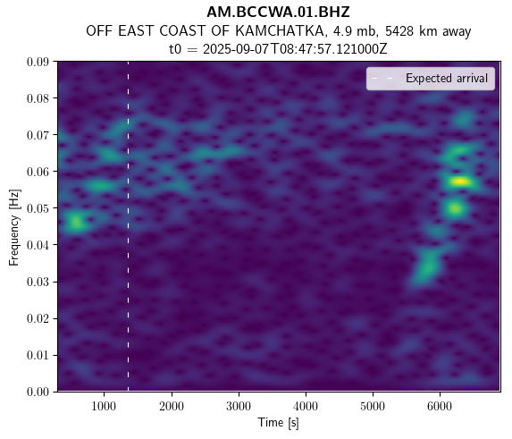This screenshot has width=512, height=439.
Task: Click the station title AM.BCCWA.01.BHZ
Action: coord(278,13)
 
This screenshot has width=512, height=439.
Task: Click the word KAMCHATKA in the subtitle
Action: coord(280,31)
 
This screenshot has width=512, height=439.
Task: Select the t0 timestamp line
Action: coord(278,49)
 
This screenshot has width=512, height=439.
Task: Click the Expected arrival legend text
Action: coord(447,79)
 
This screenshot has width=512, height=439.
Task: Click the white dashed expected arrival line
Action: coord(128,226)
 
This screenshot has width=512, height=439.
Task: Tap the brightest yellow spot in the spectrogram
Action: coord(460,182)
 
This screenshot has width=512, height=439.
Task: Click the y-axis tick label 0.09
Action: coord(38,62)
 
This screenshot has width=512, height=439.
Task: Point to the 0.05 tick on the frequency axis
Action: coord(38,208)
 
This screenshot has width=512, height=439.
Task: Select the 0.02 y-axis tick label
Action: coord(38,318)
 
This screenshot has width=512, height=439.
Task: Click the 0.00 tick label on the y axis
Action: coord(38,392)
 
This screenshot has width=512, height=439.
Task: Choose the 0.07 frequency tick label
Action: coord(38,135)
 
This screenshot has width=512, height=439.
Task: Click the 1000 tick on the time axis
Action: coord(104,406)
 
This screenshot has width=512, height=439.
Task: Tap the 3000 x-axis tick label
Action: coord(239,406)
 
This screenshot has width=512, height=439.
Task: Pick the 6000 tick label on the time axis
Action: coord(440,406)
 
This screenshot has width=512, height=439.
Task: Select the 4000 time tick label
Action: coord(306,406)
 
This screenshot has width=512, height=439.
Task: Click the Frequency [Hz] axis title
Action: coord(14,227)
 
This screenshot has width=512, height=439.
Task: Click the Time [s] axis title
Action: coord(278,423)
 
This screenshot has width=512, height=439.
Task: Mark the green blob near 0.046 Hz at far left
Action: coord(76,223)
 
